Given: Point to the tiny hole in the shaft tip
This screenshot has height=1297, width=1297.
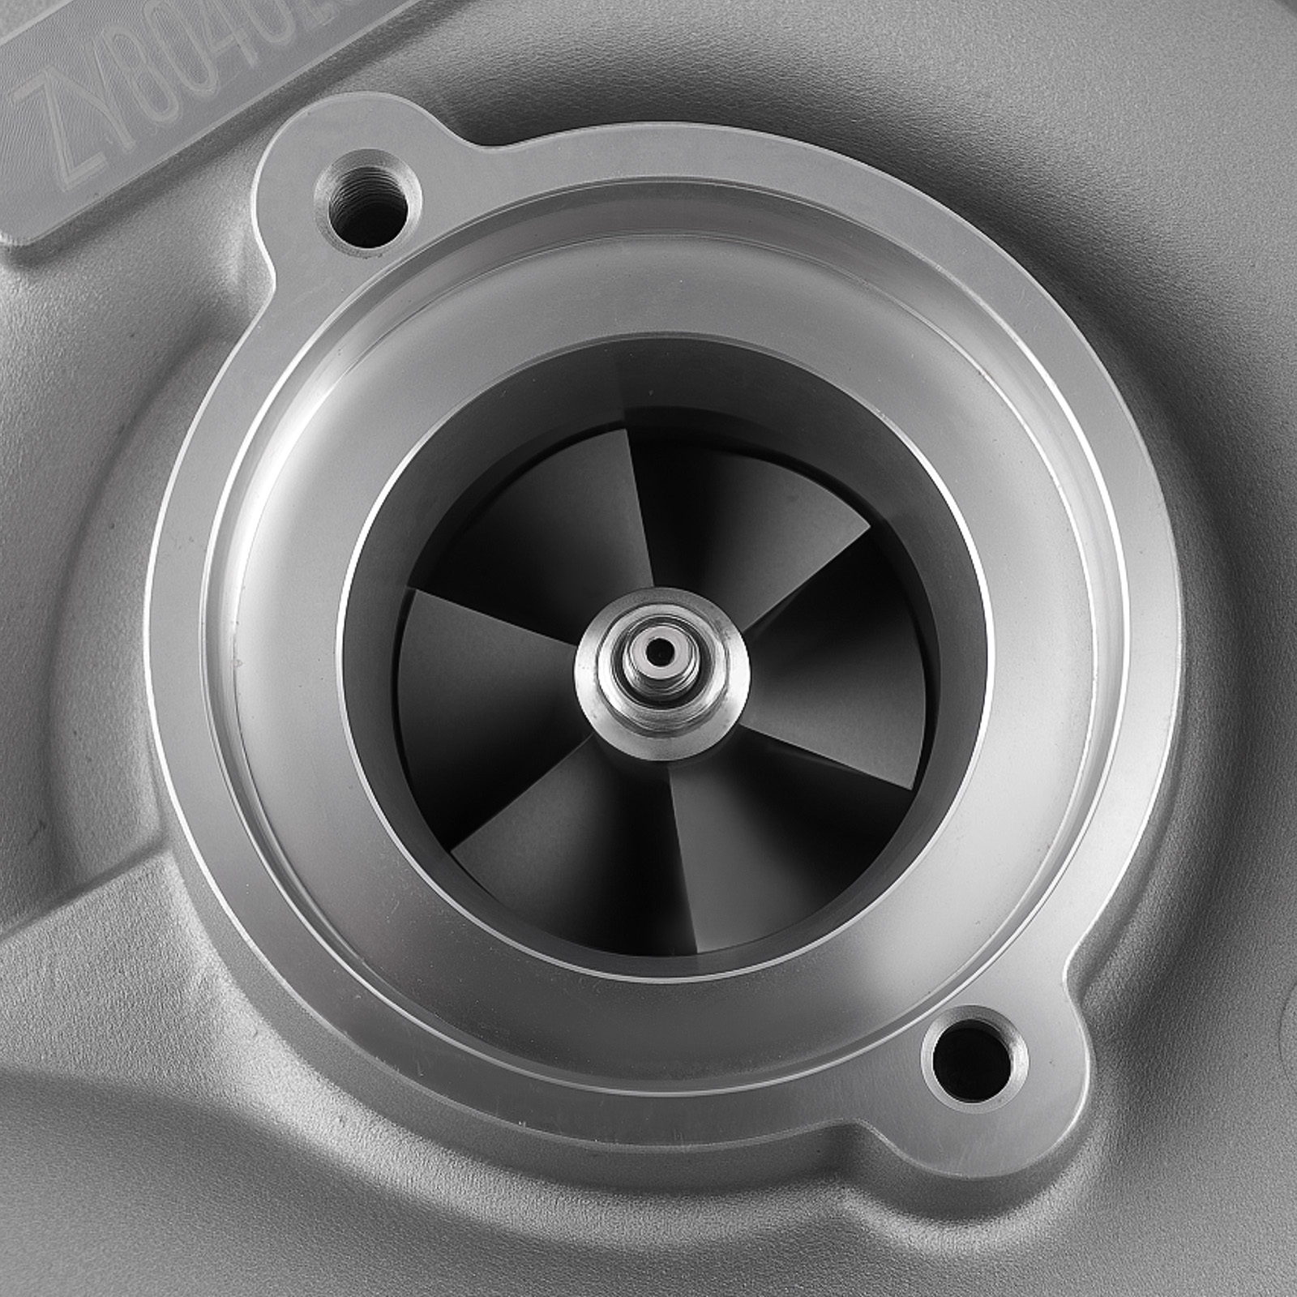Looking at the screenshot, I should pos(664,646).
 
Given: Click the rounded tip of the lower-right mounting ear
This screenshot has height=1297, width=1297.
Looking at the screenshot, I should pos(1046,1111).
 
